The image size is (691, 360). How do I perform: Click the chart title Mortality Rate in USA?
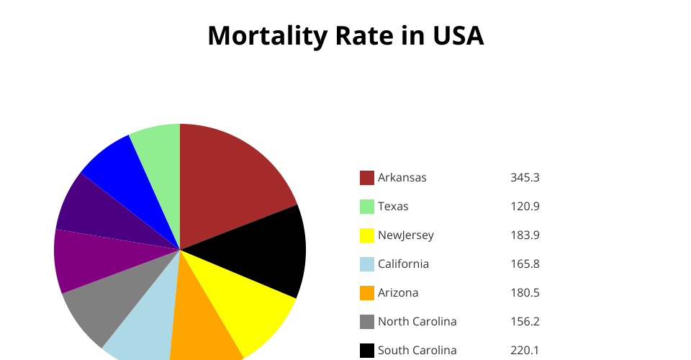pos(345,36)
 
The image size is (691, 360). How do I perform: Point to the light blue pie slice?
pos(144,324)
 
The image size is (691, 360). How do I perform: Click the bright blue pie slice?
pos(122,173)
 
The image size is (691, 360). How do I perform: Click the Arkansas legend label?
pos(402,177)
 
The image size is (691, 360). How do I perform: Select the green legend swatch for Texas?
pos(367,207)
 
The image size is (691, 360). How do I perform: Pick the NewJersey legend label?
pos(406,235)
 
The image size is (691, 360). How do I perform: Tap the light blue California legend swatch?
pos(367,264)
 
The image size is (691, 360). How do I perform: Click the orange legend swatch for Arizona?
pos(367,293)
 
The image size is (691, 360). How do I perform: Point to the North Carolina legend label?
pos(417,321)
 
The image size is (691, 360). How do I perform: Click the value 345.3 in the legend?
pos(525,177)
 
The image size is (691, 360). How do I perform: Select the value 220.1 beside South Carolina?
pos(525,350)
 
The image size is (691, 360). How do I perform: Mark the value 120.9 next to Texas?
pos(525,206)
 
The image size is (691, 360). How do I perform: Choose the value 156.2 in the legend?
pos(525,321)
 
